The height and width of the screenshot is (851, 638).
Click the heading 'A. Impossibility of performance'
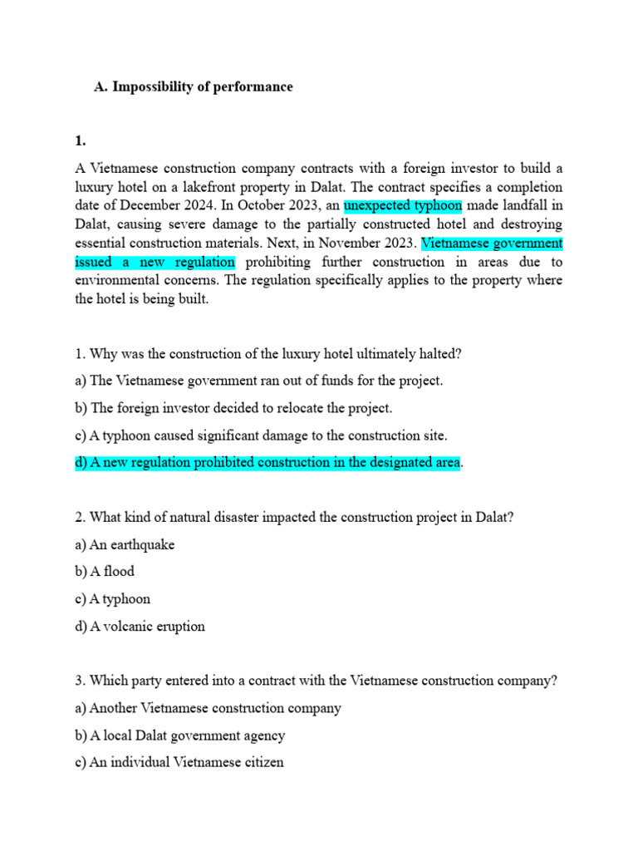point(194,86)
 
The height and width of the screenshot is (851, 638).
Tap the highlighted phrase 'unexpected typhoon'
point(403,205)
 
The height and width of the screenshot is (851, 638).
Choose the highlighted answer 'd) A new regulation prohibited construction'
point(267,462)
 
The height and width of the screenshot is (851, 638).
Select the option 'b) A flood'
point(105,572)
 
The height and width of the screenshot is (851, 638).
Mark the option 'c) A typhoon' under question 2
point(113,599)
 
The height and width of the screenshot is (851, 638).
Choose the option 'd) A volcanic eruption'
point(140,627)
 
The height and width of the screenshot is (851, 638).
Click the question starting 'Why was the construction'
point(268,354)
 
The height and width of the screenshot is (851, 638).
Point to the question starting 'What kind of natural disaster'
point(294,517)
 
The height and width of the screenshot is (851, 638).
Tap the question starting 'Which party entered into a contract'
point(316,681)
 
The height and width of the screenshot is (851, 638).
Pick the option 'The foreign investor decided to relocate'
point(233,408)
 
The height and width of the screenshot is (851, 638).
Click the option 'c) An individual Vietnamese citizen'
point(179,762)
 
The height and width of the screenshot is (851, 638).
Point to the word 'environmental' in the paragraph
point(115,281)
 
